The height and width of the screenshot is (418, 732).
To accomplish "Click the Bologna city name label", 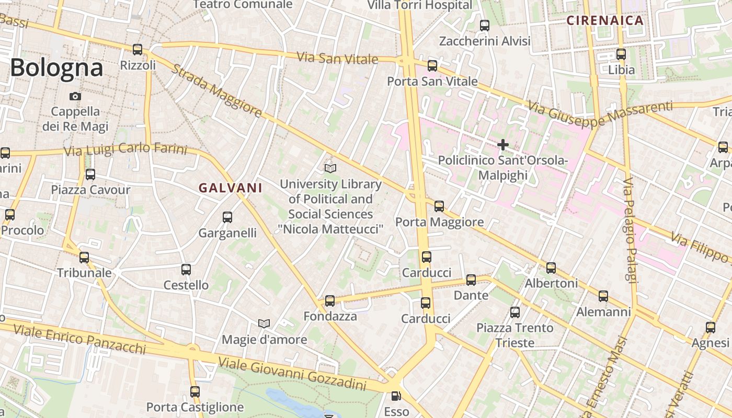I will coord(56,68).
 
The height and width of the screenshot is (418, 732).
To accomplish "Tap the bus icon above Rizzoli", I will coord(138,50).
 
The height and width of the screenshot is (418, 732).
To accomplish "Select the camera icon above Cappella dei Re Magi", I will coord(75,96).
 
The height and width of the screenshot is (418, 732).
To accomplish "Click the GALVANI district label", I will coord(231,188).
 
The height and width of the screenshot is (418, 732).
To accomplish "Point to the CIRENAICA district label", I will coord(605,21).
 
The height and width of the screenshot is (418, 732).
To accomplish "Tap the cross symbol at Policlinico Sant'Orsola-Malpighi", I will coord(503,145).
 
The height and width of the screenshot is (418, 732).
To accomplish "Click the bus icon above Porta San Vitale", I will coord(432,66).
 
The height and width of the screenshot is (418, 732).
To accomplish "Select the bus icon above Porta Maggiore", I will coord(439,206).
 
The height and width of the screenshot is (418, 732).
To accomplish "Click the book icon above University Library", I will coord(330,168).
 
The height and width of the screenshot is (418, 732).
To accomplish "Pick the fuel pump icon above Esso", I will coord(397,397).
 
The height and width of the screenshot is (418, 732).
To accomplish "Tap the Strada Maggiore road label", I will coord(216,91).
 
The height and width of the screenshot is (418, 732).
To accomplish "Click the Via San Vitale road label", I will coord(337,58).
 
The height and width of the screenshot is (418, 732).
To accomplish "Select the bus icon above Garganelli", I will coord(227,217).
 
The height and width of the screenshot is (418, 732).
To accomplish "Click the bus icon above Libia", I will coord(621,54).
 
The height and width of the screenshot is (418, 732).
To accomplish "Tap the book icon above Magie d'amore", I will coord(264,324).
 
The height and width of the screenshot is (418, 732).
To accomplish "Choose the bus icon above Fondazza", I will coord(330,301).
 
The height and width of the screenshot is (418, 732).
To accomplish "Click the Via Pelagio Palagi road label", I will coord(631,230).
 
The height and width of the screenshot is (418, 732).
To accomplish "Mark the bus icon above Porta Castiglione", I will coord(195,392).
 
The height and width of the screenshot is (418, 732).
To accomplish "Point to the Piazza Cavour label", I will coord(90,190).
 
